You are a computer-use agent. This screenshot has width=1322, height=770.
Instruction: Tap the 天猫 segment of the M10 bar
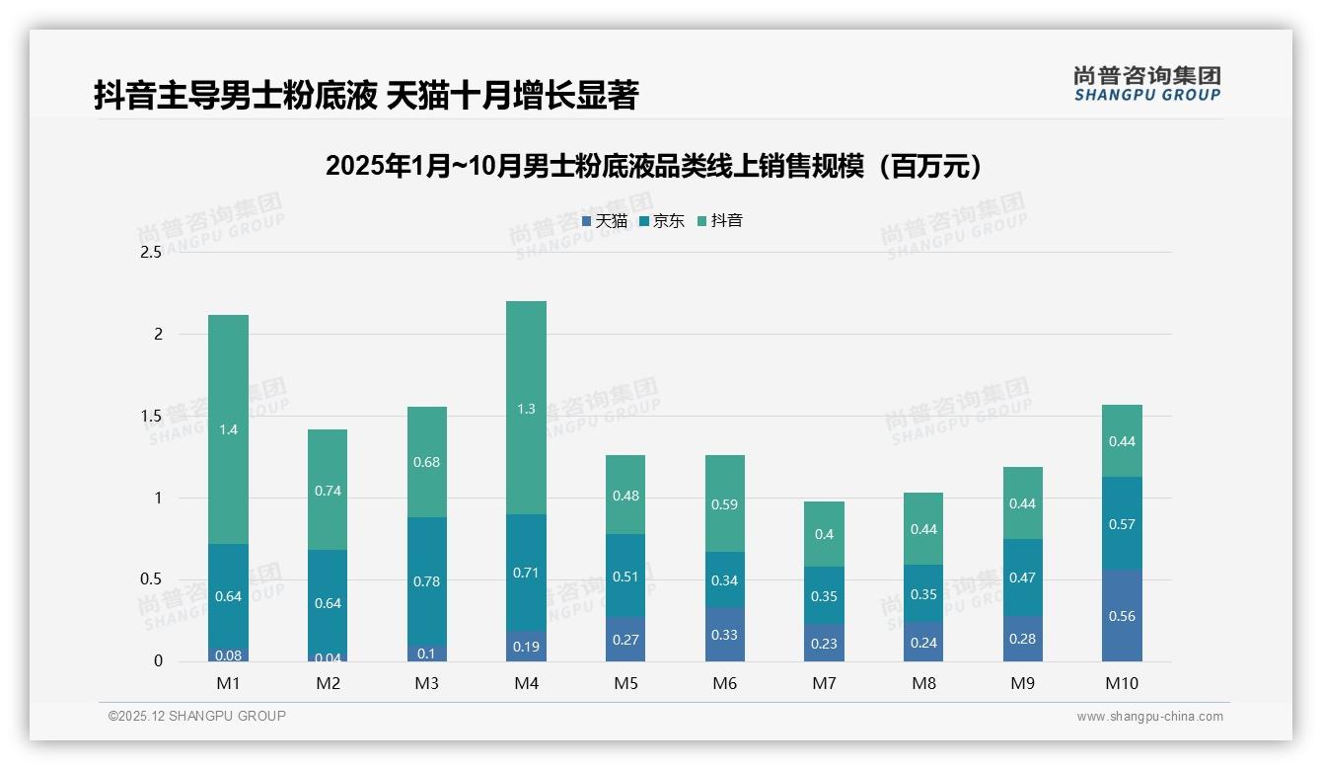click(1122, 615)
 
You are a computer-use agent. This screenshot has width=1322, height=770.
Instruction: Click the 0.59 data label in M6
click(724, 504)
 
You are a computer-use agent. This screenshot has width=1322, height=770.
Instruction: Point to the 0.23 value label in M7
click(824, 644)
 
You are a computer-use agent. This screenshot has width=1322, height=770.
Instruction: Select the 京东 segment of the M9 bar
click(1022, 577)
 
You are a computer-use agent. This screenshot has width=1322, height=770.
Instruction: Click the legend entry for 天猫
click(605, 220)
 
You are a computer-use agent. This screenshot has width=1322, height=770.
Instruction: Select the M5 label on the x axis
click(624, 683)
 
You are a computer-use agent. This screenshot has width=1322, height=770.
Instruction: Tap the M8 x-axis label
click(923, 683)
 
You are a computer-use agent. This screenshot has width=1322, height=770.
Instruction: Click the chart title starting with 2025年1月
click(656, 166)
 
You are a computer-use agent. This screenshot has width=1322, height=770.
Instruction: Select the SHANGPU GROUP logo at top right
click(1146, 84)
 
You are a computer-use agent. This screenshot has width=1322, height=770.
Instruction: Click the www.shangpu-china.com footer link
click(1149, 717)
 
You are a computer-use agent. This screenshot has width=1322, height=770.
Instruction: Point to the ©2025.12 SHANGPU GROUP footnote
click(197, 716)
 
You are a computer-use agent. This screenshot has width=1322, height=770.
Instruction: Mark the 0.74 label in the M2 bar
click(328, 491)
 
